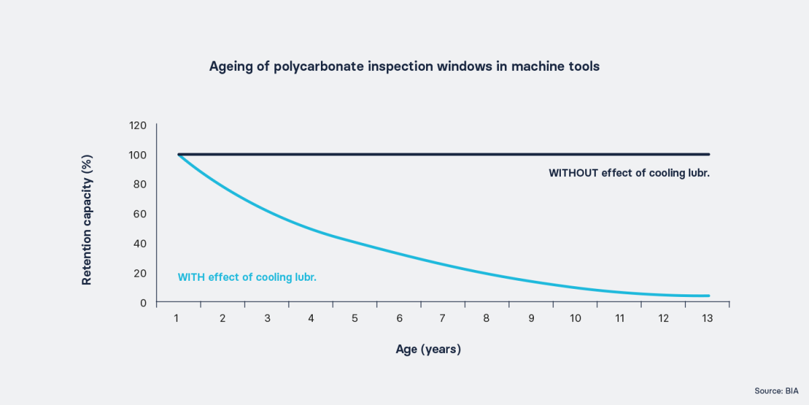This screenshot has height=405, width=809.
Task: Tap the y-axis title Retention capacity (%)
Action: [87, 219]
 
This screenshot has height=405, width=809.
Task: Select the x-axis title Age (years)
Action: [428, 350]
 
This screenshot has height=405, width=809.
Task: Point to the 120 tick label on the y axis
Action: [138, 125]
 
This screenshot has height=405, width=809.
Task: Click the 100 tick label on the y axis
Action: [138, 155]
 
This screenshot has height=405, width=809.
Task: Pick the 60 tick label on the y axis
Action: [140, 214]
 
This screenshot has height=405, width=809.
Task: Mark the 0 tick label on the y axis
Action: [143, 302]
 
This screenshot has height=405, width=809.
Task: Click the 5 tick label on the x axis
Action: [355, 318]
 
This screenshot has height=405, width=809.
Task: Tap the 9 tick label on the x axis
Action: [531, 318]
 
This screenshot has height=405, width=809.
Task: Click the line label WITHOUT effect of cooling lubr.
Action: [629, 173]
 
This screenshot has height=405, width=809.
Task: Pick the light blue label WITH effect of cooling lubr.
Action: [247, 277]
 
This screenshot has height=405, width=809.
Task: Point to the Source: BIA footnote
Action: [777, 391]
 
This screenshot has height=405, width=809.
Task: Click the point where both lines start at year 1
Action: [179, 155]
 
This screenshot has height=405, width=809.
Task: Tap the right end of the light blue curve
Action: [709, 296]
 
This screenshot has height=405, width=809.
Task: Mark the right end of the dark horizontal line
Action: [709, 154]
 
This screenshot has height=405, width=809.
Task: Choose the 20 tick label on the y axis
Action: [140, 273]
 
